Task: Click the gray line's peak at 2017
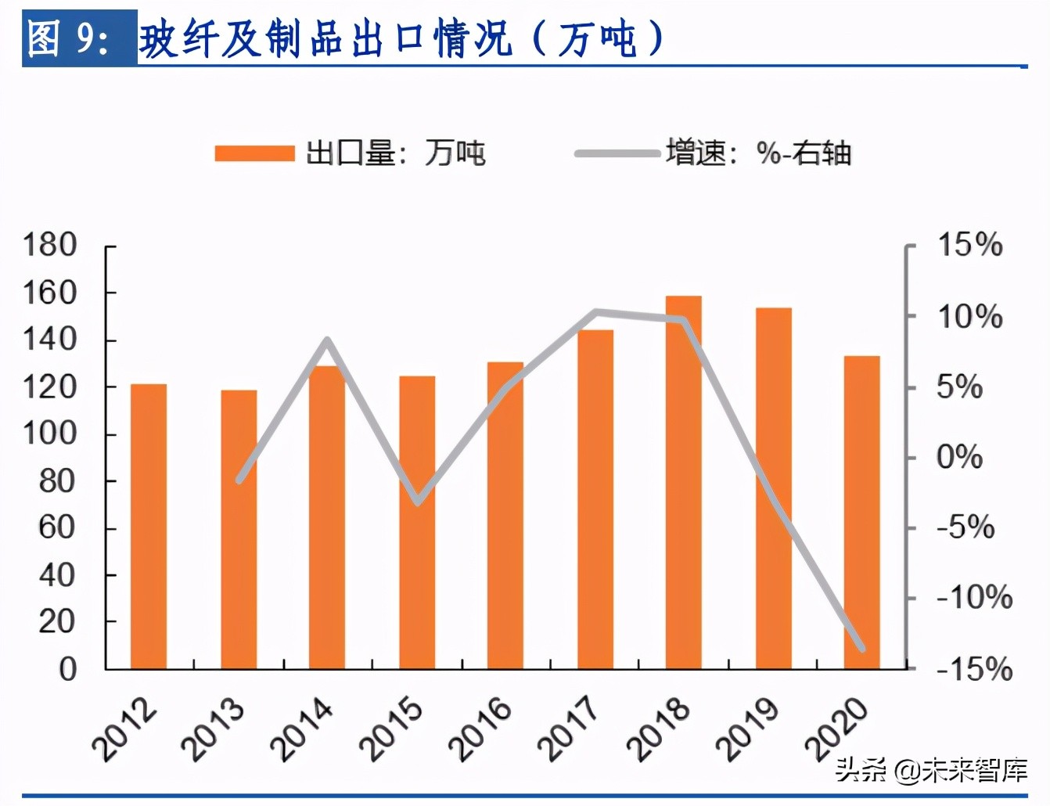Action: click(x=595, y=312)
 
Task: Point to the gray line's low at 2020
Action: click(x=861, y=648)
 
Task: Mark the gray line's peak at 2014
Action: click(x=328, y=340)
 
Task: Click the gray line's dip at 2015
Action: click(x=418, y=502)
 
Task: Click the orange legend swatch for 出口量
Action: click(x=255, y=153)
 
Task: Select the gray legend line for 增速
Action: click(x=617, y=153)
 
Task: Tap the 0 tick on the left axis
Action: click(x=68, y=670)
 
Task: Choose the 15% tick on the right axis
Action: click(x=969, y=246)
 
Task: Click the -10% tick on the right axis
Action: click(x=974, y=599)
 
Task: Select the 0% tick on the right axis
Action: click(x=959, y=458)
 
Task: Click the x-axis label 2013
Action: click(x=213, y=730)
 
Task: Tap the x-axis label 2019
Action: click(x=748, y=730)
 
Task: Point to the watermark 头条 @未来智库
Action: click(x=930, y=770)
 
